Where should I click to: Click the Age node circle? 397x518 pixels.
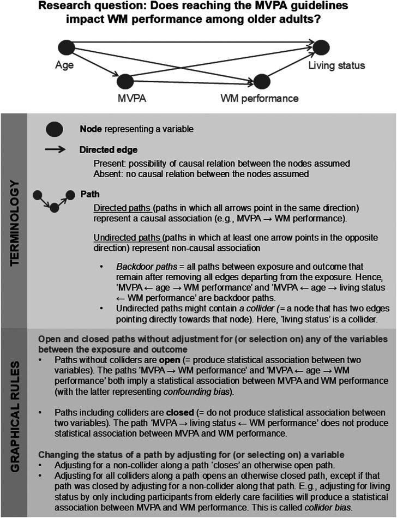tap(67, 47)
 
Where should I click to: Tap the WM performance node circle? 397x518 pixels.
tap(262, 82)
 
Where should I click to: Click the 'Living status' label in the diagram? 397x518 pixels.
tap(337, 66)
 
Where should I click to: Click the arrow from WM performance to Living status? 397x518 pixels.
tap(293, 64)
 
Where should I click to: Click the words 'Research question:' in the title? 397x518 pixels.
tap(110, 9)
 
